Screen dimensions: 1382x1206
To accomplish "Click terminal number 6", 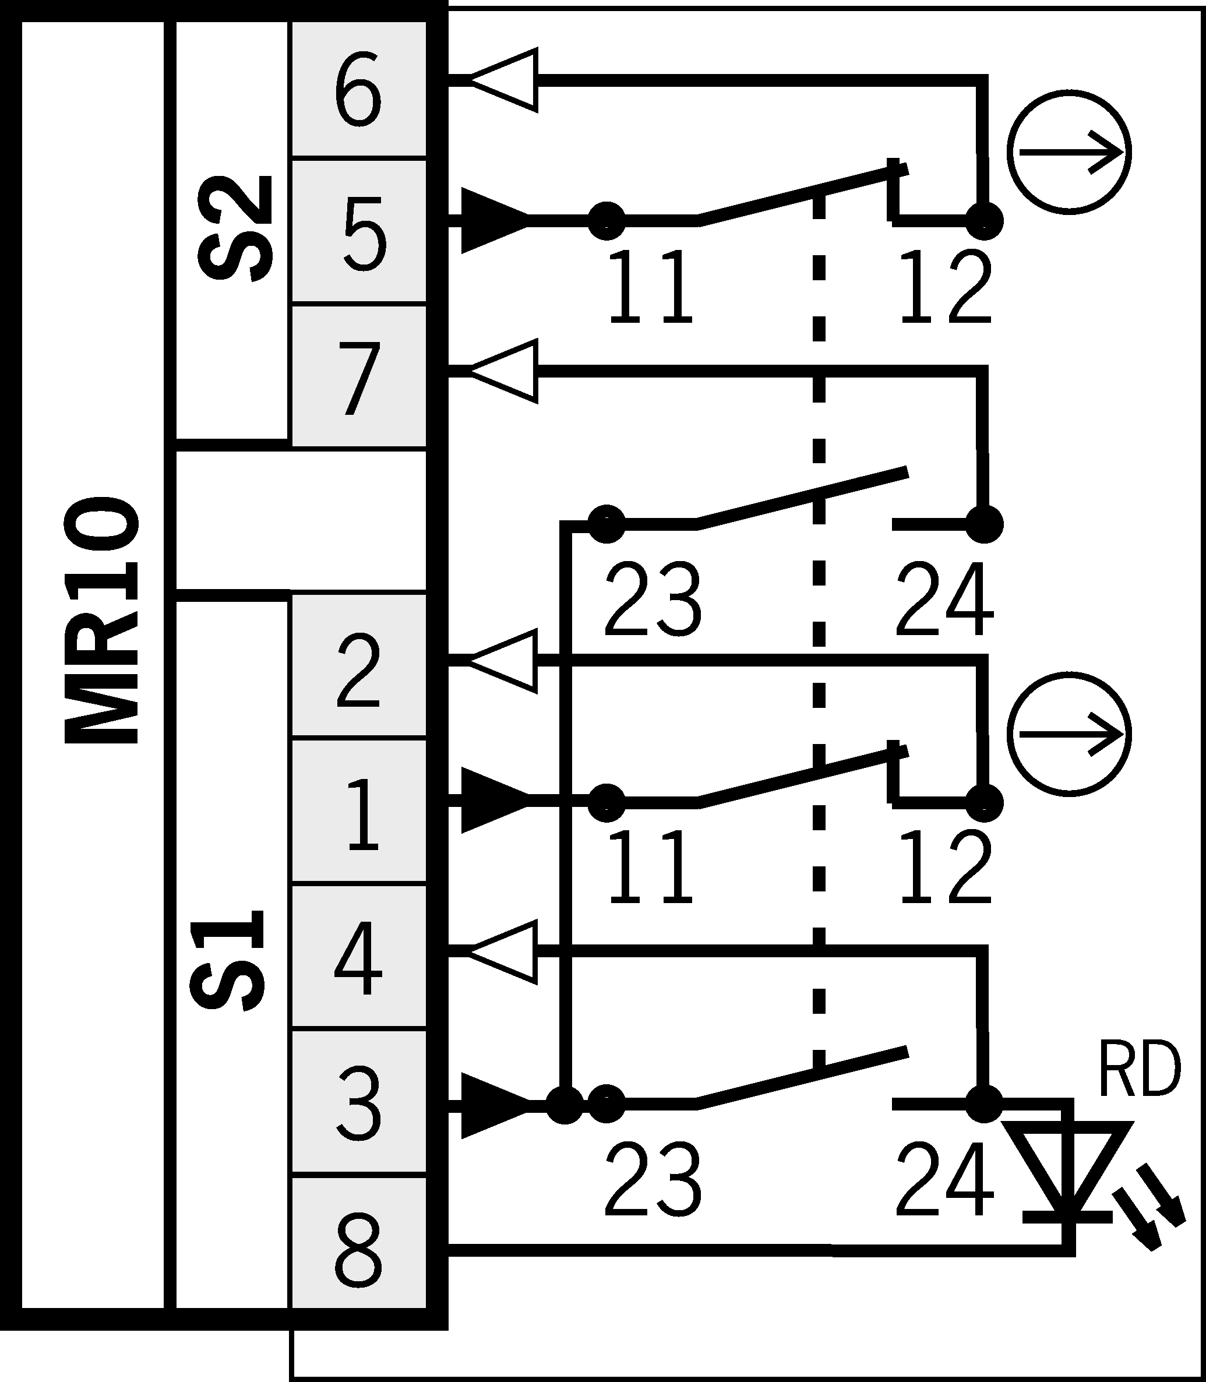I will [x=358, y=91].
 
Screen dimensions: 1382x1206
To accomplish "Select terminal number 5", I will [x=364, y=234].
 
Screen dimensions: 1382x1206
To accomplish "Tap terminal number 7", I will [x=359, y=378].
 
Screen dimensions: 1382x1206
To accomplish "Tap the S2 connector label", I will [x=235, y=229].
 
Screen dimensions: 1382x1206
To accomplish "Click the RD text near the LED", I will [x=1138, y=1070].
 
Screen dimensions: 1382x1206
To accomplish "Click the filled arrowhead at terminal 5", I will [x=491, y=221].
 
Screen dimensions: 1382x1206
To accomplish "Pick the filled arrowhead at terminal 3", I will [x=491, y=1105].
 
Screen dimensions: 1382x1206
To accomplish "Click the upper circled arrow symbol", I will [x=1069, y=152].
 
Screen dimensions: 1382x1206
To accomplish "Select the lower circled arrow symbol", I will [x=1069, y=734].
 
